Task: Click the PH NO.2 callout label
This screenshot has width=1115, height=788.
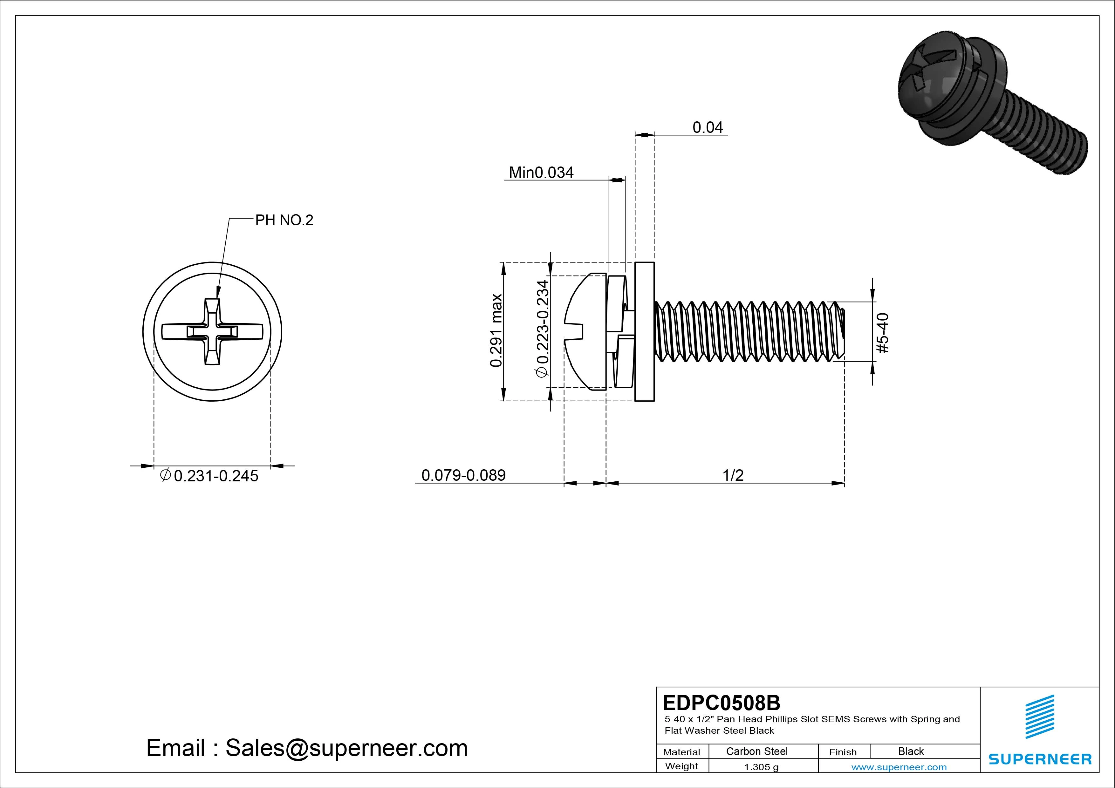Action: pyautogui.click(x=284, y=221)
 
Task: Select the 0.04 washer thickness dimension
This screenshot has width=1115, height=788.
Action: pyautogui.click(x=708, y=128)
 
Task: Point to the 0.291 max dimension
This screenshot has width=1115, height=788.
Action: pyautogui.click(x=496, y=330)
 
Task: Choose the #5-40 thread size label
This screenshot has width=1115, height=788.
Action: pyautogui.click(x=882, y=333)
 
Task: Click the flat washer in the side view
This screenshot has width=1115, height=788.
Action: pyautogui.click(x=644, y=332)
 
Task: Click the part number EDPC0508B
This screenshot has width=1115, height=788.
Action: pyautogui.click(x=721, y=703)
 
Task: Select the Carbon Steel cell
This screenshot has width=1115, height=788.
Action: pyautogui.click(x=756, y=751)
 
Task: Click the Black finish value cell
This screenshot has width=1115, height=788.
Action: pyautogui.click(x=911, y=751)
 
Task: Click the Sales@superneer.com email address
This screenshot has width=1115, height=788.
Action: pyautogui.click(x=346, y=748)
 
